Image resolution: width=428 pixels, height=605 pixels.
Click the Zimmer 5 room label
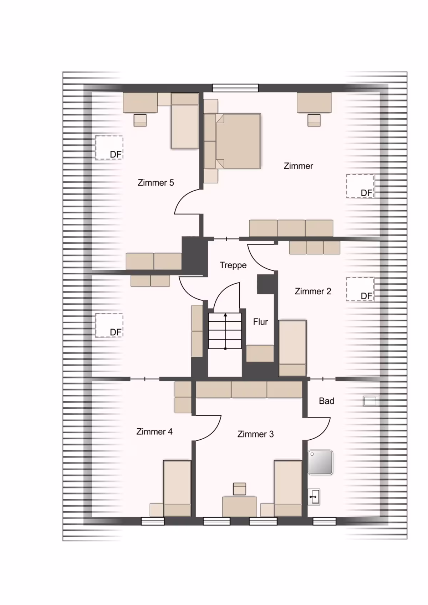coord(156,182)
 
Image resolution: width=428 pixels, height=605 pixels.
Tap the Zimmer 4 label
coord(154,431)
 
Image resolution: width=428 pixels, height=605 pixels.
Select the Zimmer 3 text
coord(255,434)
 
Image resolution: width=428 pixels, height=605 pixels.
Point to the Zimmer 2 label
coord(313,291)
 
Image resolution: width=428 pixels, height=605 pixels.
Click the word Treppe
coord(233,265)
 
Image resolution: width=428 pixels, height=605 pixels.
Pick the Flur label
coord(260,322)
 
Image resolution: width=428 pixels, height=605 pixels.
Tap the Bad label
coord(326,401)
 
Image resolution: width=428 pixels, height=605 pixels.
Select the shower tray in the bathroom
coord(320,462)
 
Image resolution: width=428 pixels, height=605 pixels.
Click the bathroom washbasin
coord(314,497)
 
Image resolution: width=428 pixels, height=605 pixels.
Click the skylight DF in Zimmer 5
coord(109,148)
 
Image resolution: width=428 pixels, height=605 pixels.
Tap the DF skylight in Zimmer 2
coord(360,289)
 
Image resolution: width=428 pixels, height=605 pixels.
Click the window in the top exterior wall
coord(235,88)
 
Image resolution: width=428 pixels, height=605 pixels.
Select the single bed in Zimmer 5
coord(185,121)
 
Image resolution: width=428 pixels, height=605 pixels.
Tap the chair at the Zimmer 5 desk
coord(140,120)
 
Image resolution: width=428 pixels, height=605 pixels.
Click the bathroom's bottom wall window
coord(324,521)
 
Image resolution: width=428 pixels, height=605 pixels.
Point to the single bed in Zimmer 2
coord(292,348)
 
